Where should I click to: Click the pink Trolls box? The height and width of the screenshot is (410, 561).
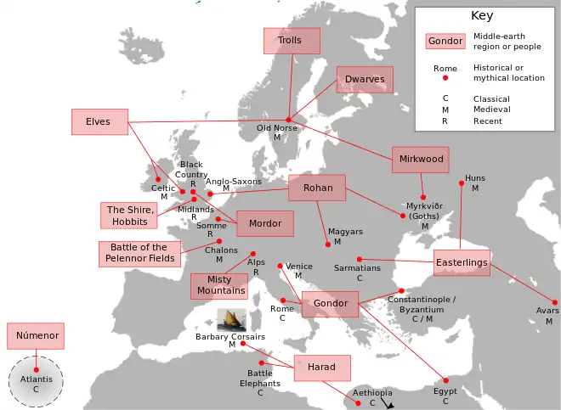tap(292, 41)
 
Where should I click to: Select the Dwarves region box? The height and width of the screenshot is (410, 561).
tap(365, 80)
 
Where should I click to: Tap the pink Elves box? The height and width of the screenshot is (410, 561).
tap(99, 121)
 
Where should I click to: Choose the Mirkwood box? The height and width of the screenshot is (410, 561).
tap(420, 159)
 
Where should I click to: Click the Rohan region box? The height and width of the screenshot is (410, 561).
tap(317, 188)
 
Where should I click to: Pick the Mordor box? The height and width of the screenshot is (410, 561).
tap(265, 224)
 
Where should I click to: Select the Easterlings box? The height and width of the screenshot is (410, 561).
tap(462, 263)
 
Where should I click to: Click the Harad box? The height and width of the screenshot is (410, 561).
tap(322, 368)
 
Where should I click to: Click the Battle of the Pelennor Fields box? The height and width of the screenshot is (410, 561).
tap(139, 253)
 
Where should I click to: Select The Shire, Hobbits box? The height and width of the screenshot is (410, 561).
tap(129, 216)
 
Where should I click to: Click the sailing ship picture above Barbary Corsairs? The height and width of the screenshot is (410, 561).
tap(232, 320)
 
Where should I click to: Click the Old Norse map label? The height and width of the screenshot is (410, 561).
tap(277, 128)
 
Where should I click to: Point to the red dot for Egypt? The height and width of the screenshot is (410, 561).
tap(445, 380)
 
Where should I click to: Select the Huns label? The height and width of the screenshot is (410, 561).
tap(474, 178)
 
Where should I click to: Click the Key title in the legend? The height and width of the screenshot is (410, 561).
tap(481, 15)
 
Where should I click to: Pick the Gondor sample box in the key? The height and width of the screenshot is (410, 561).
tap(445, 41)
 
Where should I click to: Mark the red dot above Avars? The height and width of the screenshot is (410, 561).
tap(554, 302)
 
